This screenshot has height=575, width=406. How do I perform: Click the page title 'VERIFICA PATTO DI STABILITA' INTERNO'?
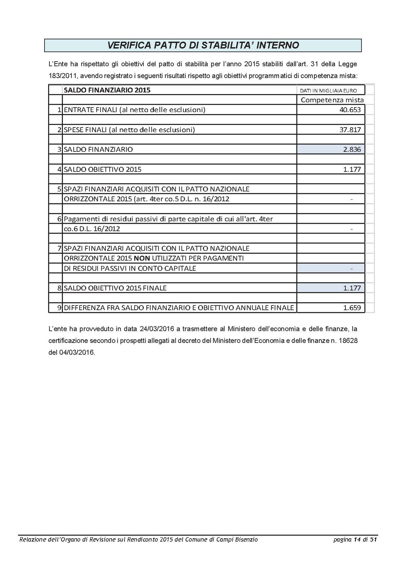coord(203,45)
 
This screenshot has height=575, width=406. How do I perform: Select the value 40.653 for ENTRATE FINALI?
coord(350,110)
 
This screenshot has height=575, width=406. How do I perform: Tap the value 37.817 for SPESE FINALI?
coord(350,130)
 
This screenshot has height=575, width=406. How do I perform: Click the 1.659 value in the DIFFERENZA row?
coord(352,308)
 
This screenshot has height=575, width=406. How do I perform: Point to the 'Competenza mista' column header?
coord(332,100)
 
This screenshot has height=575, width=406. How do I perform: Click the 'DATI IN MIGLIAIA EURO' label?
coord(328,91)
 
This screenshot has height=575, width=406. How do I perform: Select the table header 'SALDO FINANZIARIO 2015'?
coord(107,90)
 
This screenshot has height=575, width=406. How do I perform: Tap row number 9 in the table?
coord(59,308)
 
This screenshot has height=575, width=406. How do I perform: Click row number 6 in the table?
coord(59,219)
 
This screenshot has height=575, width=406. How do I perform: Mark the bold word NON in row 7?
coord(142,258)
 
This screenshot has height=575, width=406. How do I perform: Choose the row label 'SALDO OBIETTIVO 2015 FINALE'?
coord(115,288)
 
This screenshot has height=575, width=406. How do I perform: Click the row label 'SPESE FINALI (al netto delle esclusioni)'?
coord(129,130)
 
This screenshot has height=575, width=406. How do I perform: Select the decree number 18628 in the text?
coord(348,340)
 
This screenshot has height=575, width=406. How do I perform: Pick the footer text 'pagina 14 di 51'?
coord(355,540)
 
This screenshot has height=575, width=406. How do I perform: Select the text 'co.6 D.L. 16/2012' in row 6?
coord(92,229)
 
